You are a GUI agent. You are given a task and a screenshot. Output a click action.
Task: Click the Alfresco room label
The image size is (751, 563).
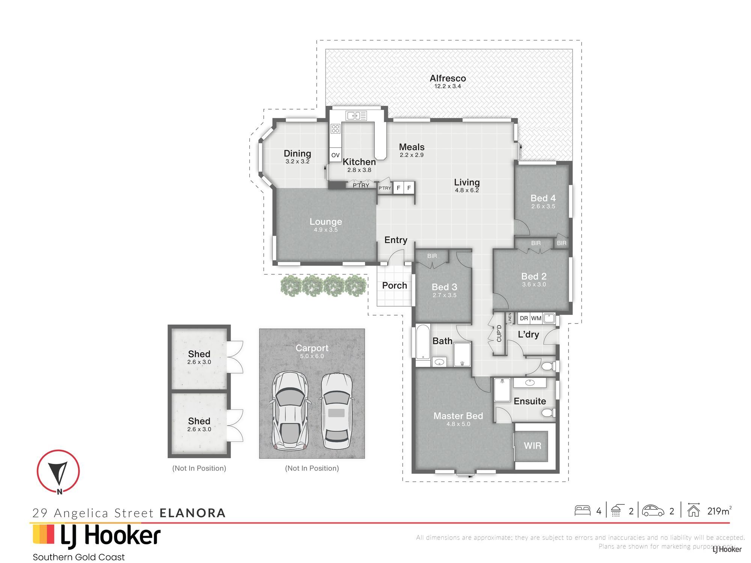(x=448, y=78)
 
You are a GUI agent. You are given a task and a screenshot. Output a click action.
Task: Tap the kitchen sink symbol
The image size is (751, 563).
(x=356, y=116)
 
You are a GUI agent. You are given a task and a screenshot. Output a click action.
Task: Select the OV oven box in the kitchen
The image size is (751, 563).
(x=335, y=155)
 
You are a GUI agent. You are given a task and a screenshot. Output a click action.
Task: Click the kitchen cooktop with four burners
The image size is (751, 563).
(x=335, y=129)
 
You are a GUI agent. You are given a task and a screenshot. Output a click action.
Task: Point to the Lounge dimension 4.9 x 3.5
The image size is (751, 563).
(x=326, y=230)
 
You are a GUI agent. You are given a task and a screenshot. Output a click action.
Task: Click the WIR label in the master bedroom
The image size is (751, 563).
(x=532, y=446)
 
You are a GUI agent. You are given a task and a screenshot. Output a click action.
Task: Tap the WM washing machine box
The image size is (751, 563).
(x=536, y=318)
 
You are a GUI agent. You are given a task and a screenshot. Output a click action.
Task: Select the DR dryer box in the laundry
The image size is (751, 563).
(x=524, y=318)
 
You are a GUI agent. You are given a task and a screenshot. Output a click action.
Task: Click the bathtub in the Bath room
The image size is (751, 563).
(x=423, y=342)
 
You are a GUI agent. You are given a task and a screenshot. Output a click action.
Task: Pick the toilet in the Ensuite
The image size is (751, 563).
(x=549, y=413)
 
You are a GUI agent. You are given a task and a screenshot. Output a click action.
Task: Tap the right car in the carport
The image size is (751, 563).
(x=336, y=411)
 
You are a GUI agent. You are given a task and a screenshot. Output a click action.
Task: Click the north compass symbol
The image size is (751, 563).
(x=58, y=471)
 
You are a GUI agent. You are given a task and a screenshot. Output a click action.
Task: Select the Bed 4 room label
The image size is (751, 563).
(x=543, y=198)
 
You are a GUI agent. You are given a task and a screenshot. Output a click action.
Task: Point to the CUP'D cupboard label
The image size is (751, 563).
(x=499, y=333)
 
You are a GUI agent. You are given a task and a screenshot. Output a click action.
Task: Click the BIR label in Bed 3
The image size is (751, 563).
(x=432, y=256)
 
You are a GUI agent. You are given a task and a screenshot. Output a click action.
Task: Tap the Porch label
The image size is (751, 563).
(x=394, y=285)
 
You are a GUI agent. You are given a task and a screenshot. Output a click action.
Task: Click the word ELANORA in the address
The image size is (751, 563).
(x=193, y=513)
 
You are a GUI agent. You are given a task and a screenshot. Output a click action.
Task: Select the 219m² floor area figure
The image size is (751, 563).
(x=719, y=511)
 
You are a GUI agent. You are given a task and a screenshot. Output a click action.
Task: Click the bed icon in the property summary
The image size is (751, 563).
(x=582, y=510)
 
